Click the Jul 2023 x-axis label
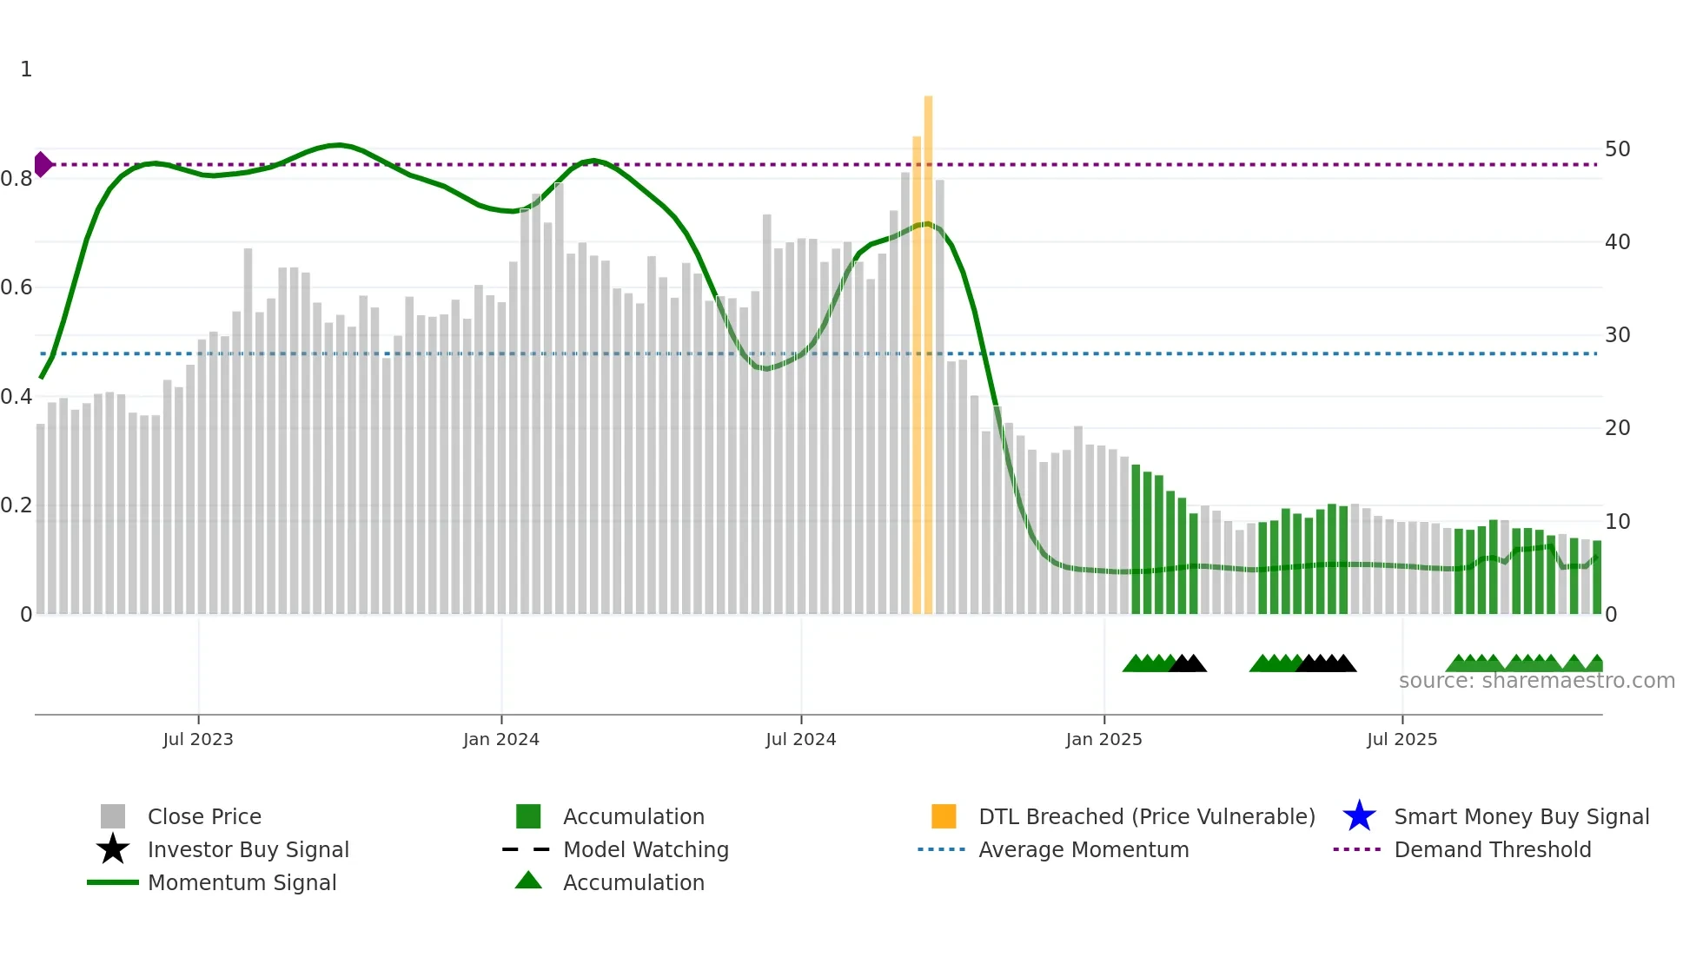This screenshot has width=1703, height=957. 198,739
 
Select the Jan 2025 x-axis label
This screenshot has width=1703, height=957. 1103,739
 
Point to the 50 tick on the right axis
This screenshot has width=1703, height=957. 1617,149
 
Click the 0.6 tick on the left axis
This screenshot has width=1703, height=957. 17,287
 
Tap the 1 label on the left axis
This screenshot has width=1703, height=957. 26,69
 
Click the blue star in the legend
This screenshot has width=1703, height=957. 1359,816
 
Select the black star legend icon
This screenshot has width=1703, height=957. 113,849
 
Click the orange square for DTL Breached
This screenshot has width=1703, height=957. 944,816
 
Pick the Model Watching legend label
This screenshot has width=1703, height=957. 646,849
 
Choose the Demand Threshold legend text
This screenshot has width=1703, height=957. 1492,849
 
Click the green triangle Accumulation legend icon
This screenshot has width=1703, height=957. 528,881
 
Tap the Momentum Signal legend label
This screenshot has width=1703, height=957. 242,882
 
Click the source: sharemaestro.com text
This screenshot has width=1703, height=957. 1536,681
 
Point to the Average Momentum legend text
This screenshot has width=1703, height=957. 1083,849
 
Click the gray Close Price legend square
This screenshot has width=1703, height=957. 113,816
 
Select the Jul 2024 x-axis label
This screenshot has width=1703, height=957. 800,739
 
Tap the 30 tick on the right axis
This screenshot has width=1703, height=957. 1617,335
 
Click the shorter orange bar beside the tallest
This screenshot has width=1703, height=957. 917,373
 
